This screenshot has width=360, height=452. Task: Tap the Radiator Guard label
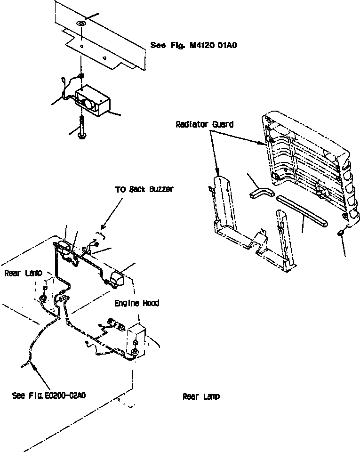coord(204,125)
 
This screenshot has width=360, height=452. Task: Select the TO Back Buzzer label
coord(144,189)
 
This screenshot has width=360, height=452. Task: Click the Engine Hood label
coord(136,303)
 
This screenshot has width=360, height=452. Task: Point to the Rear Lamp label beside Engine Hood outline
coord(23,273)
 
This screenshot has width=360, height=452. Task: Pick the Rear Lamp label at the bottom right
coord(201,397)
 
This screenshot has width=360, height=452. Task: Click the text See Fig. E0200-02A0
coord(49,396)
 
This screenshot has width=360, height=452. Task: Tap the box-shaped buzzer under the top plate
coord(93,100)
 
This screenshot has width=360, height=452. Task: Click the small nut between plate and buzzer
coord(81,76)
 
